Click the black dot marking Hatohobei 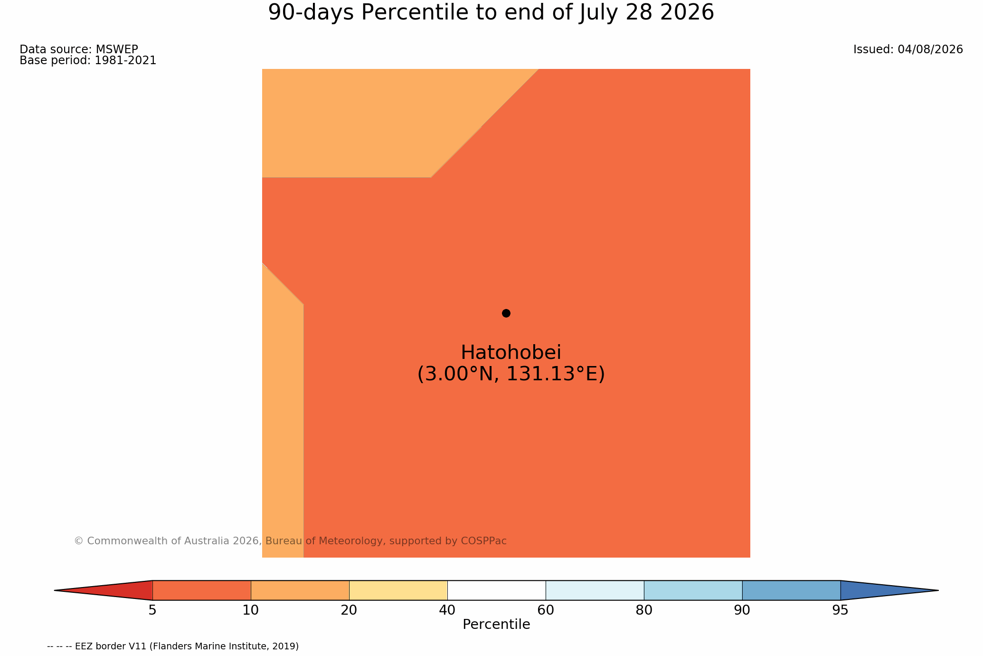[506, 313]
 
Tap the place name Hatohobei [511, 353]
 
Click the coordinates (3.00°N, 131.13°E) [511, 374]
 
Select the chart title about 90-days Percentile [491, 12]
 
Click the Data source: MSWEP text [79, 49]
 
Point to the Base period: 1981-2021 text [88, 60]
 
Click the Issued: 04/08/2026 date [908, 49]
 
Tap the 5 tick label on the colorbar [152, 610]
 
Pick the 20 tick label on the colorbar [349, 610]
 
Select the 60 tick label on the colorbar [546, 610]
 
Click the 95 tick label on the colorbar [841, 610]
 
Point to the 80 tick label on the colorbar [644, 610]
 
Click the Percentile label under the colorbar [496, 625]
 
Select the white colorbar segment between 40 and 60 [496, 590]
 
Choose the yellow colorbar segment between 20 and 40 [398, 590]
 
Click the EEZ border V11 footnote [173, 646]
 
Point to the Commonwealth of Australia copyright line [290, 541]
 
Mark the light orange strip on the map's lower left [283, 428]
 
